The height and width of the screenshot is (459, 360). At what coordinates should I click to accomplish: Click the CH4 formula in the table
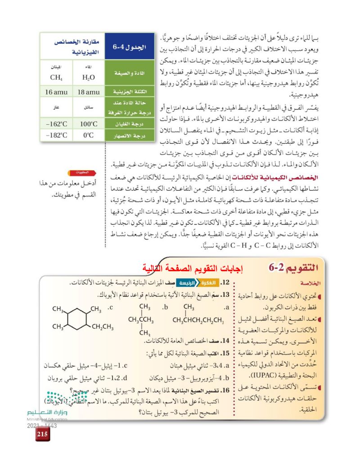(56, 77)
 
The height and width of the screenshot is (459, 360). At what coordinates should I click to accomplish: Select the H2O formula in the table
(89, 77)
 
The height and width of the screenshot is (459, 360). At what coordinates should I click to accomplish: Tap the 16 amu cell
(56, 92)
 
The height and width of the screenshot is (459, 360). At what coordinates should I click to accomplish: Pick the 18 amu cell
(89, 92)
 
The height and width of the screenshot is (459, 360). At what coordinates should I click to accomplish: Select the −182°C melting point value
(56, 135)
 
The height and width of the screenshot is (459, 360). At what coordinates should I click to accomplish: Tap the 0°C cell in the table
(89, 135)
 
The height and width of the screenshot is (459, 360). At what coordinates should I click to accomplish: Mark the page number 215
(43, 434)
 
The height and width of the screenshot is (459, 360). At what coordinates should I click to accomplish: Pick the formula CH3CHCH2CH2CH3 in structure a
(198, 320)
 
